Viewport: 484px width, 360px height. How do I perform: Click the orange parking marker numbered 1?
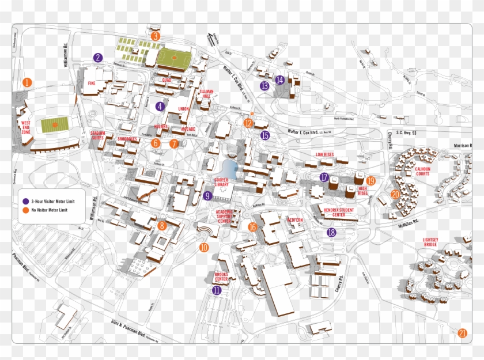pos(27,82)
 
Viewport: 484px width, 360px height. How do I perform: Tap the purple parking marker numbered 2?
pos(99,58)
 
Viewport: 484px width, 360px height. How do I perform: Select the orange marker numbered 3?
pos(155,36)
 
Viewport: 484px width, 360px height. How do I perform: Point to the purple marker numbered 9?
pos(207,196)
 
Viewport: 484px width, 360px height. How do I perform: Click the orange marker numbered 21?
pos(462,333)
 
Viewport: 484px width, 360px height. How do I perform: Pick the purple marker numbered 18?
pos(331,233)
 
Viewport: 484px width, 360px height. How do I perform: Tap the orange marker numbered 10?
pos(204,248)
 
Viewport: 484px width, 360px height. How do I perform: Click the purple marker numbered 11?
pos(217,290)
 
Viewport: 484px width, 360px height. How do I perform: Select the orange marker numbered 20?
pos(395,195)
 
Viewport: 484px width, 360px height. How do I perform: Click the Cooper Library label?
pos(222,181)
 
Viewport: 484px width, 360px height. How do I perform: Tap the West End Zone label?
pos(25,127)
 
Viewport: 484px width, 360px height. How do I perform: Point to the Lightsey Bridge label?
pos(429,242)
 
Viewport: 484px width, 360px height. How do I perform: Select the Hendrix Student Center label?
pos(338,213)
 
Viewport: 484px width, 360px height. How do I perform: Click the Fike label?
pos(91,83)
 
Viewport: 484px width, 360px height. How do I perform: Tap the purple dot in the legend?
pos(25,201)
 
